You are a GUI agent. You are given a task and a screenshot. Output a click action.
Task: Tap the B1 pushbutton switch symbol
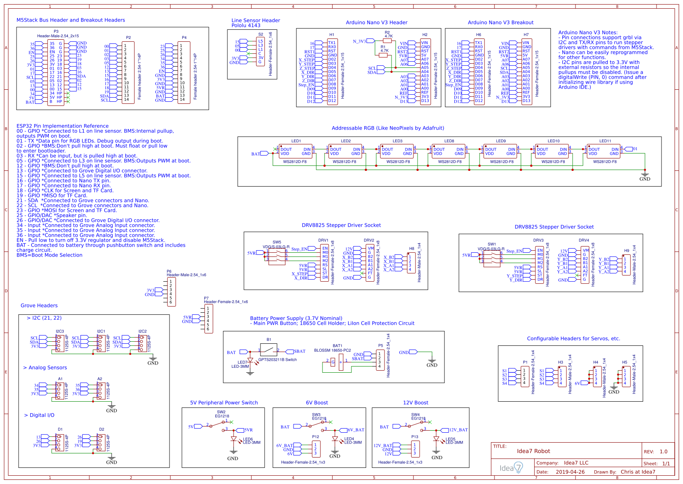point(269,350)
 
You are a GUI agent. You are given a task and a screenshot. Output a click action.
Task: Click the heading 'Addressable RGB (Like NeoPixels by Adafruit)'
point(387,128)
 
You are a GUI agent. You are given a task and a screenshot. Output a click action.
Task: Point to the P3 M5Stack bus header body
point(56,72)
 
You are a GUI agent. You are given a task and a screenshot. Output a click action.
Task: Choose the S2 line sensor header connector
point(260,52)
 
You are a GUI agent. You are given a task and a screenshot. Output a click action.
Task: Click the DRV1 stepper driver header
point(325,263)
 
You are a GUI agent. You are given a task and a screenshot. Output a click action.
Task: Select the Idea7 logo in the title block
point(511,468)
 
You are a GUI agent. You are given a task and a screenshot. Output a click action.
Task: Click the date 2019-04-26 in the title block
point(570,472)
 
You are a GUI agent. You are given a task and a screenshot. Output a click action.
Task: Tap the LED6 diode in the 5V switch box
point(234,439)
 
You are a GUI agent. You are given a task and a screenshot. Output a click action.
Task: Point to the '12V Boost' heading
point(416,403)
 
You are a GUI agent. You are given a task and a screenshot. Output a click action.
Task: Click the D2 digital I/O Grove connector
point(100,442)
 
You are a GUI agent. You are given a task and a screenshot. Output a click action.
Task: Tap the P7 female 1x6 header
point(208,319)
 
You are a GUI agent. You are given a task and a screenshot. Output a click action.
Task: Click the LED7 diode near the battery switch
point(250,361)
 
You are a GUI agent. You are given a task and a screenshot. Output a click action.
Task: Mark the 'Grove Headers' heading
point(39,306)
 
